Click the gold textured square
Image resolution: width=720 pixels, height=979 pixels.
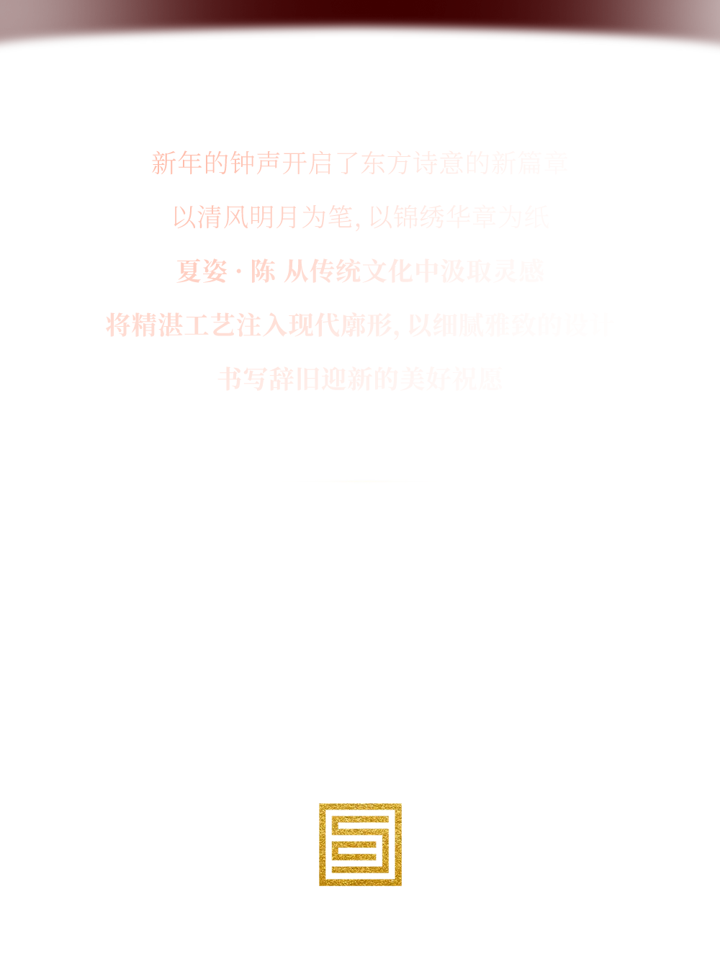(360, 844)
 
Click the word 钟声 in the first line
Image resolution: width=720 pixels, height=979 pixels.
(255, 163)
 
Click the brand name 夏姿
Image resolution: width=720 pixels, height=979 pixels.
(202, 271)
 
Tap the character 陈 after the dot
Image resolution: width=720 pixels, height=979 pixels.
(263, 271)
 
